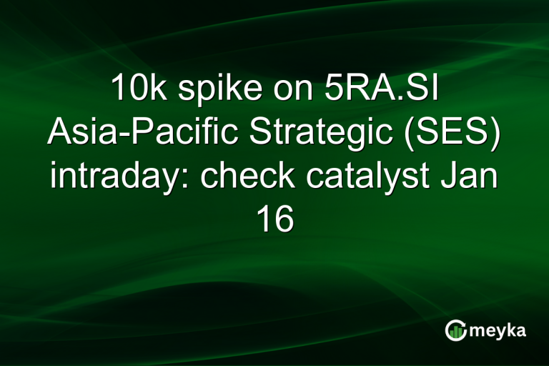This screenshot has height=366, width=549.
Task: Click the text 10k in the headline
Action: point(135,90)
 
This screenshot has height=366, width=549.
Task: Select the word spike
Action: point(208,91)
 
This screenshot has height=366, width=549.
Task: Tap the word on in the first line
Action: point(281,91)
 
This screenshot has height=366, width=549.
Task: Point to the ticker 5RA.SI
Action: point(374,90)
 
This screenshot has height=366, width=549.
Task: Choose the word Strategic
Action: point(306,134)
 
